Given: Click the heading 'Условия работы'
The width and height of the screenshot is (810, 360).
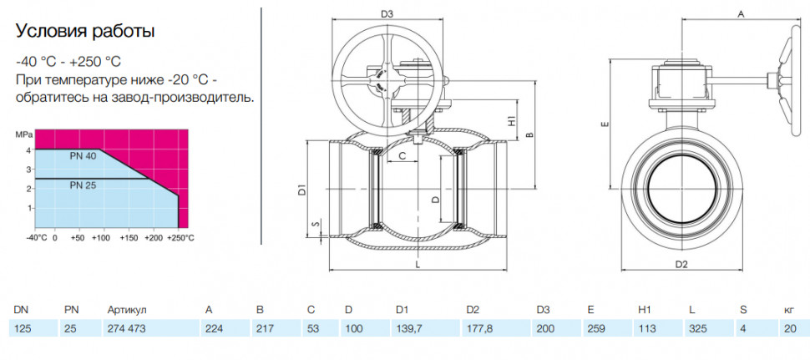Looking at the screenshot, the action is (85, 32).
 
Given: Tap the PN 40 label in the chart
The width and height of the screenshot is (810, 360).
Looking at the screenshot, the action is (83, 155).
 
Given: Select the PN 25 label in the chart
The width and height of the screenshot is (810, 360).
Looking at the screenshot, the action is (83, 185).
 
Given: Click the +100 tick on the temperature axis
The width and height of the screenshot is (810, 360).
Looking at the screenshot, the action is (101, 239).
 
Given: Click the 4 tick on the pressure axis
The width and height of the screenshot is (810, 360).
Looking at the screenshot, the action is (29, 150).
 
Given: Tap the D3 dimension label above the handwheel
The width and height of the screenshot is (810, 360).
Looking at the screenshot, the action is (387, 14).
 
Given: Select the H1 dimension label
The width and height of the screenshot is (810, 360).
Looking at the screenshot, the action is (512, 121).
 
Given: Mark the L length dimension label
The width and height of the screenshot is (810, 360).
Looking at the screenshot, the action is (418, 264).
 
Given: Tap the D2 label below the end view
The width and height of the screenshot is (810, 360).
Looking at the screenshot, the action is (682, 265).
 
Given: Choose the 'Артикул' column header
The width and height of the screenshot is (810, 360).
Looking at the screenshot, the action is (127, 310).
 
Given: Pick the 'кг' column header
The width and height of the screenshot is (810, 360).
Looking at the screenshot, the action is (790, 310).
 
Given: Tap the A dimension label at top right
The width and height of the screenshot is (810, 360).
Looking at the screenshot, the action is (740, 15).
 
